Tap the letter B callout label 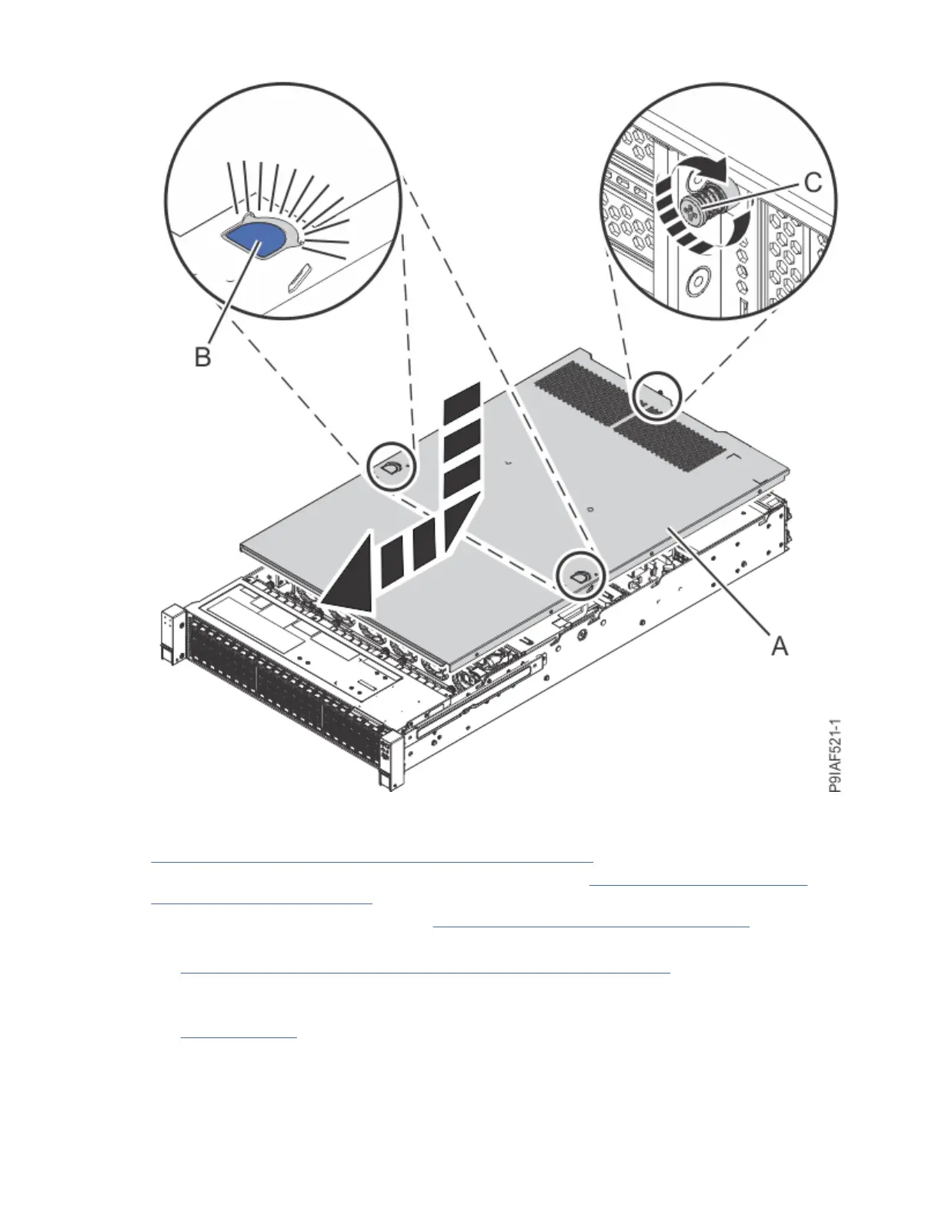[202, 356]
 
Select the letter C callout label [813, 182]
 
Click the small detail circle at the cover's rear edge [656, 396]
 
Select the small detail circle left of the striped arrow [391, 466]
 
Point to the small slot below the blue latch [299, 276]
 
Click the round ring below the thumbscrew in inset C [696, 284]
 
